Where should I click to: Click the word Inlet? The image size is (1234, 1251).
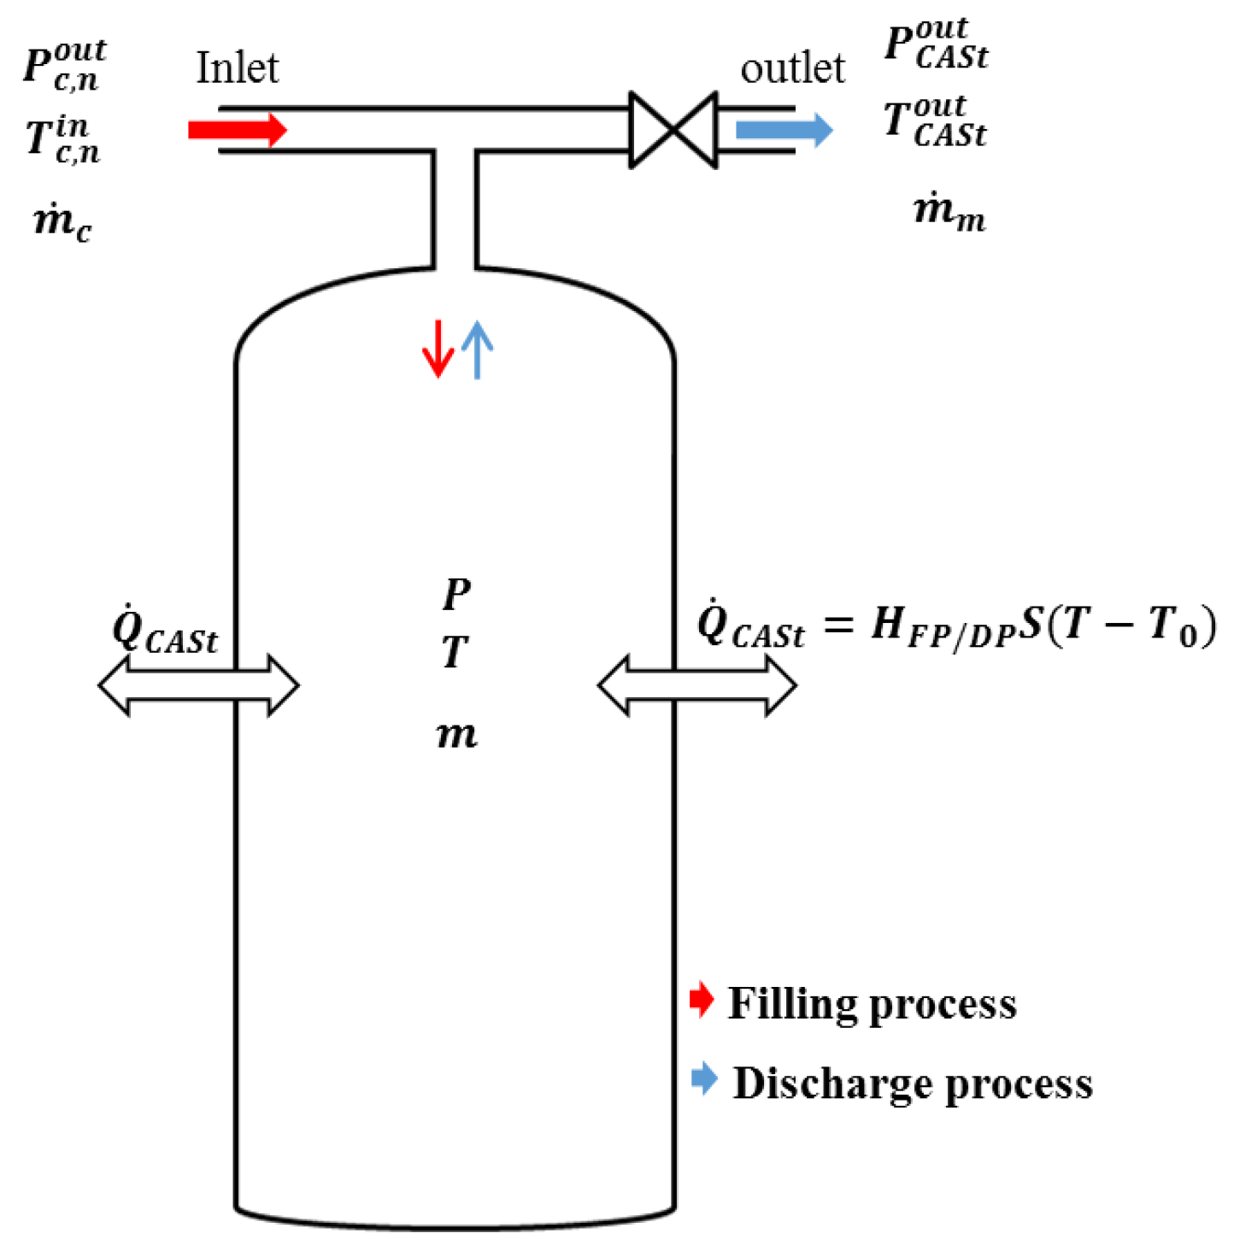237,68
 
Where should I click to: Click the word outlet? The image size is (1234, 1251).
792,68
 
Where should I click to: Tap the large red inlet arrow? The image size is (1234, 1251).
238,130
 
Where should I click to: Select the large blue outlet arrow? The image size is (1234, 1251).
784,130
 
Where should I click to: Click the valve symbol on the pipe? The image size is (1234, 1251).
673,130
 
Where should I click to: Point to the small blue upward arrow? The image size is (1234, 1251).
477,349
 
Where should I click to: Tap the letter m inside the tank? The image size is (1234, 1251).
456,733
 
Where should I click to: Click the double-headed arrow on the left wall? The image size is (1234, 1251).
198,684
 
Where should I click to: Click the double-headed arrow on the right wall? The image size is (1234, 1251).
697,684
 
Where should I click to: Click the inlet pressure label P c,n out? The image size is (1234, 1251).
64,64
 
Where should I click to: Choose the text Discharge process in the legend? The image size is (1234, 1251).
913,1084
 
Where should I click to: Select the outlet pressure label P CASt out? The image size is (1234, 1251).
936,44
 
